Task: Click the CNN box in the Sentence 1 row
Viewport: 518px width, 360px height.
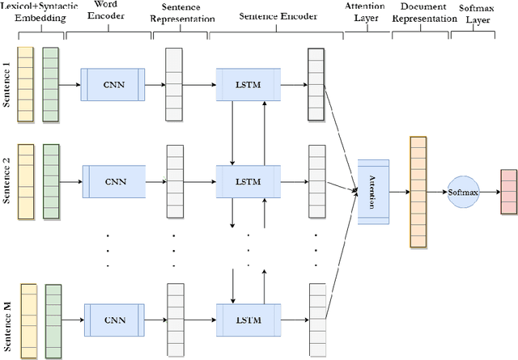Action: pyautogui.click(x=113, y=84)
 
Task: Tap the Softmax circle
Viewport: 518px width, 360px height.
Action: pyautogui.click(x=465, y=193)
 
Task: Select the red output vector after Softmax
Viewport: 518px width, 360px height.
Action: pyautogui.click(x=508, y=193)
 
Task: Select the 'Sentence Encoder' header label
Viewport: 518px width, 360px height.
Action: pyautogui.click(x=274, y=15)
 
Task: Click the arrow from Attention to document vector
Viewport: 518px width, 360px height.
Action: pyautogui.click(x=399, y=192)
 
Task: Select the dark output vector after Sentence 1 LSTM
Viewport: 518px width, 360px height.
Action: pyautogui.click(x=315, y=84)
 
